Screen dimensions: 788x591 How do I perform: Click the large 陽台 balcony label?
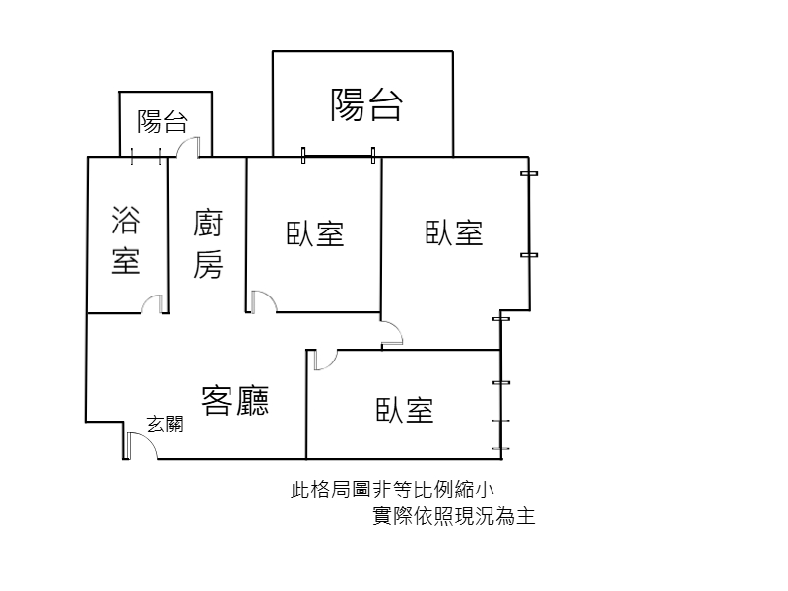point(366,105)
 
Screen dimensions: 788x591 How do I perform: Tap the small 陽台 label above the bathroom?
point(163,121)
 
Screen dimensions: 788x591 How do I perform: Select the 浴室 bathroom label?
point(126,239)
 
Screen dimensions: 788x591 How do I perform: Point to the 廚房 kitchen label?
point(208,244)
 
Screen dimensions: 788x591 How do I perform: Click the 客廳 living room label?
point(235,401)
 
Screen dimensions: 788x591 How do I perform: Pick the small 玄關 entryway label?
point(165,425)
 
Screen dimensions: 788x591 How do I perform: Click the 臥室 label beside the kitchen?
point(315,233)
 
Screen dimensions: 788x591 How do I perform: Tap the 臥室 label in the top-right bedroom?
point(454,232)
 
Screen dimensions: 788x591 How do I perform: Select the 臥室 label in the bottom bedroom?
point(405,410)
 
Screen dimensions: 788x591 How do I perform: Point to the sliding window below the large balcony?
point(338,156)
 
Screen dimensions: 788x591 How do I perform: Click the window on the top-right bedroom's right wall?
point(529,215)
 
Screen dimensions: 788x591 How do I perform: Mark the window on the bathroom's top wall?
point(146,157)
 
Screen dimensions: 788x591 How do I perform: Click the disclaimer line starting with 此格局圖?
point(392,490)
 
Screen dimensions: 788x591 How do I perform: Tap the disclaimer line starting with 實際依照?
point(454,516)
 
